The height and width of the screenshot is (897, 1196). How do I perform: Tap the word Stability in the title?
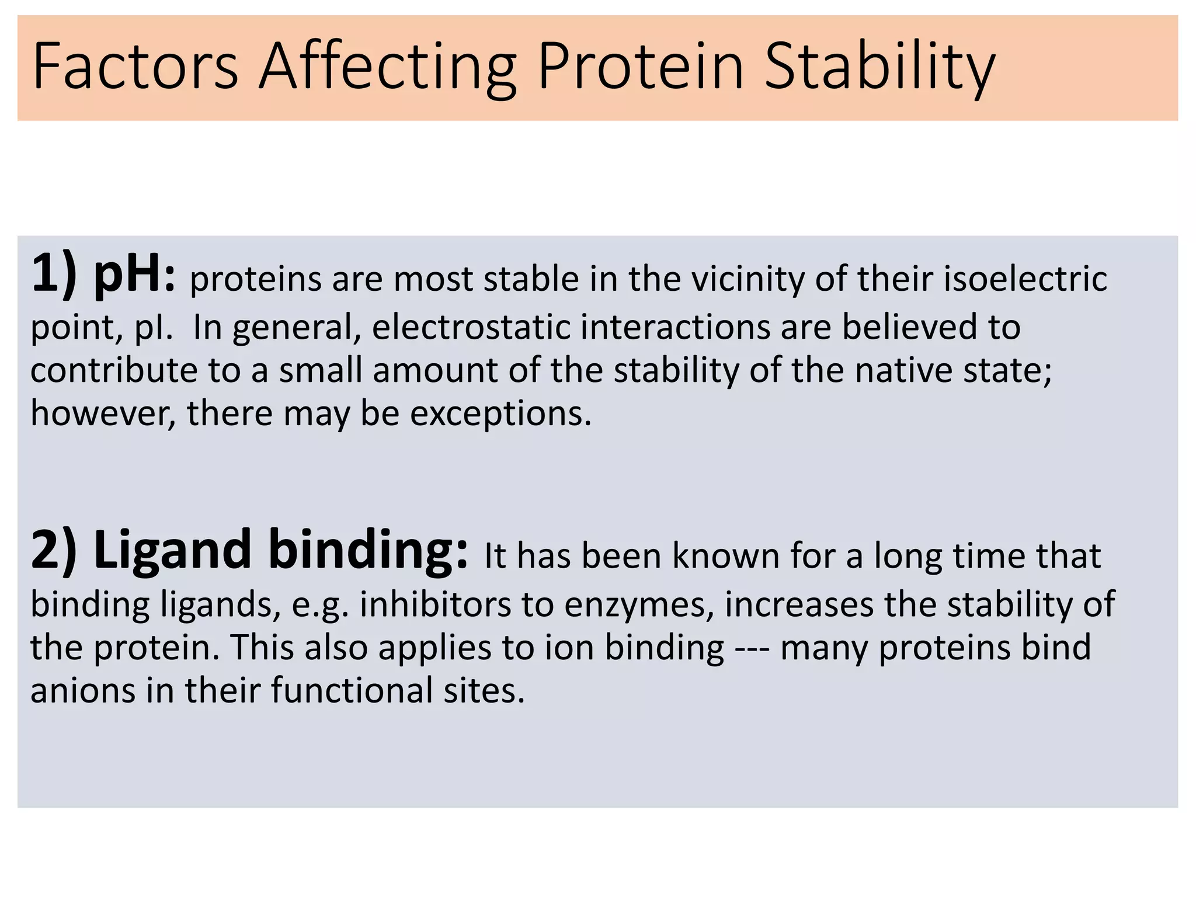(879, 67)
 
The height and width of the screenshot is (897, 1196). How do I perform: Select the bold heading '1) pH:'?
(103, 274)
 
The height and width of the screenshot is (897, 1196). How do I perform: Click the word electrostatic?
(471, 326)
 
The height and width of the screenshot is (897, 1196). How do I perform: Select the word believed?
(909, 326)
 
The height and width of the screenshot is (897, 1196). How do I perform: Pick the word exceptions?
(500, 414)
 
